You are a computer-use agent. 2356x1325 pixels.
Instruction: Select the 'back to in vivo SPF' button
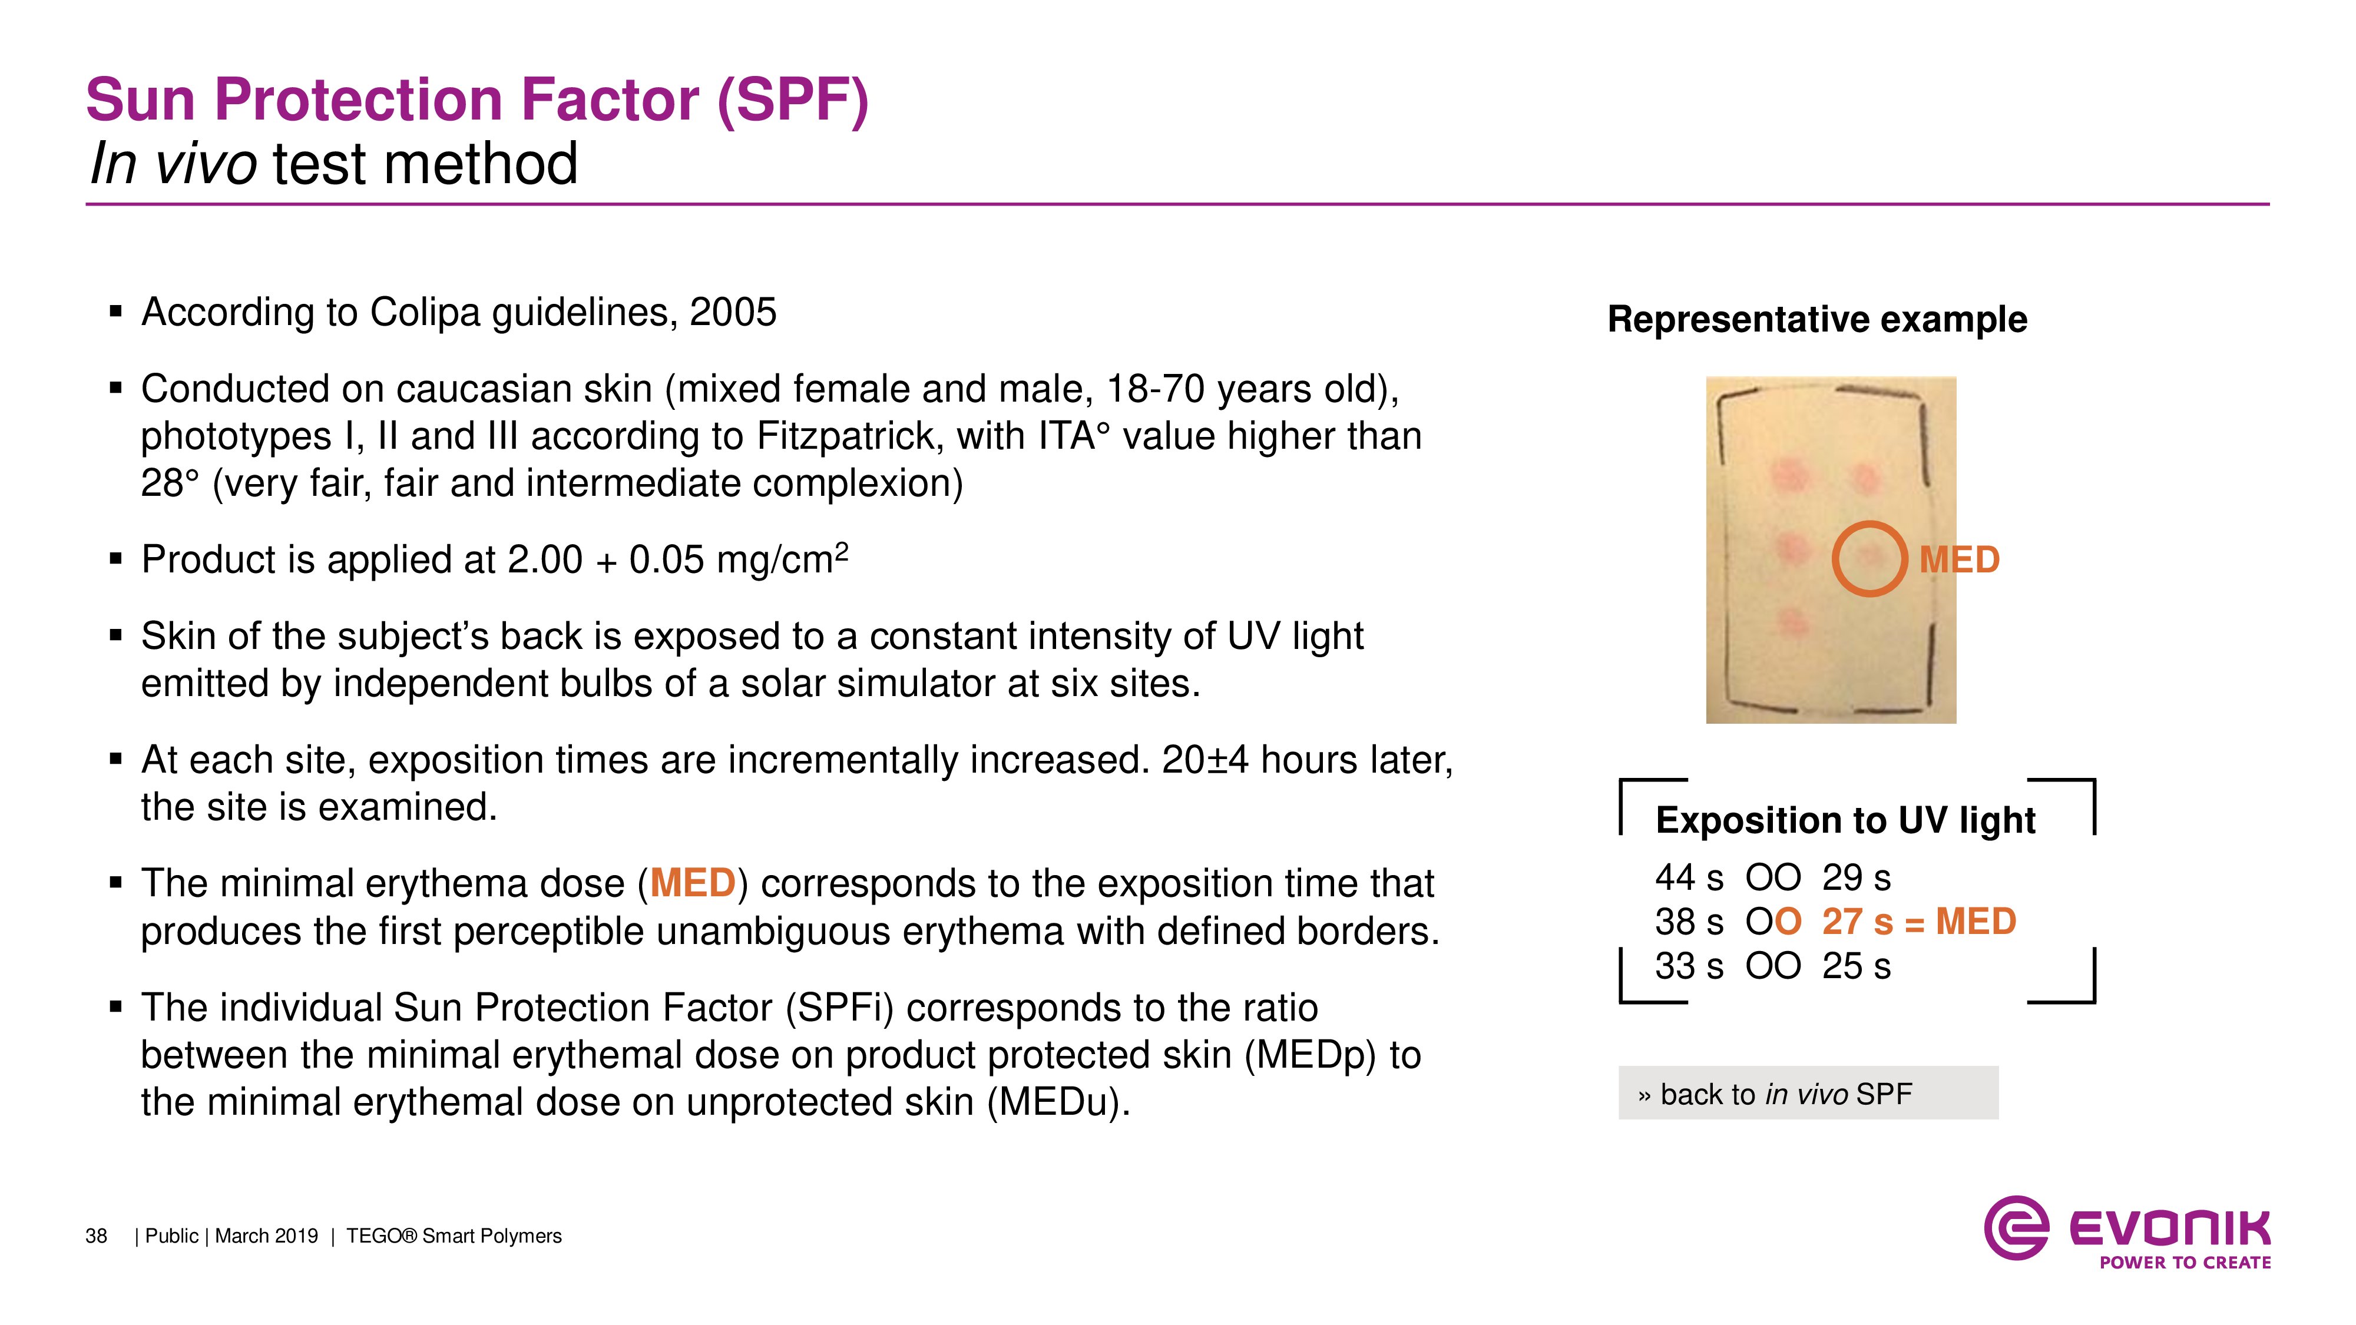click(1808, 1093)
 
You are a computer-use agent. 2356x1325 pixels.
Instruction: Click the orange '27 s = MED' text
click(1919, 922)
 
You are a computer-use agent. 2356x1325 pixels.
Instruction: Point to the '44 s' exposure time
click(1688, 878)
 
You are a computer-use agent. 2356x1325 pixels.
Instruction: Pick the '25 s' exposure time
click(1856, 966)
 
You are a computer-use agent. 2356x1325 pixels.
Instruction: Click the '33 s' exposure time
click(1688, 966)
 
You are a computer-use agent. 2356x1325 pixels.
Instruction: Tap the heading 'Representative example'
click(1817, 320)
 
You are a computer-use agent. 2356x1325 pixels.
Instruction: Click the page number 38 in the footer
click(96, 1236)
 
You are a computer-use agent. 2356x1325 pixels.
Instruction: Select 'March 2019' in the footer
click(266, 1236)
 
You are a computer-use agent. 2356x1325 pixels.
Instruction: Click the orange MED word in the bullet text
click(692, 883)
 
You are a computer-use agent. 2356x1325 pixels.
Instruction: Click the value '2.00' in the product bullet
click(544, 559)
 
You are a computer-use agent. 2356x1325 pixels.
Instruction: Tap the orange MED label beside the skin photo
click(1959, 559)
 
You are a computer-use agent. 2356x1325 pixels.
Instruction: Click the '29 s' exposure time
click(1856, 878)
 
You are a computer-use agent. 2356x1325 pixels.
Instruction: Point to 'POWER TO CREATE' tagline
click(2185, 1263)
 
